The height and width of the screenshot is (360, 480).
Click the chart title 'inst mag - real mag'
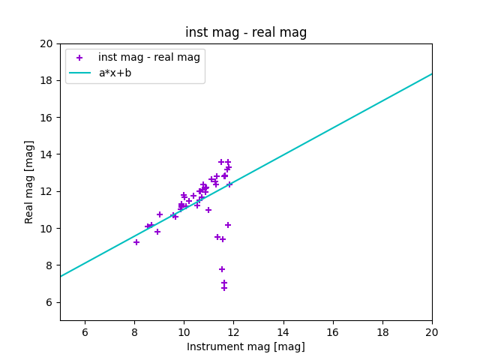[x=246, y=32]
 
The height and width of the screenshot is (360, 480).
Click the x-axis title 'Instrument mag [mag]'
[x=246, y=346]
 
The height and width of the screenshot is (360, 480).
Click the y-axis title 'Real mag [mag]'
[x=29, y=182]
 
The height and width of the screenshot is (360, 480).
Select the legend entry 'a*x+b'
[x=115, y=73]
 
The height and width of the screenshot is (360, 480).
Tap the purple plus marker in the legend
[x=79, y=58]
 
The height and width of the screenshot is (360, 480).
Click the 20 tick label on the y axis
[x=46, y=43]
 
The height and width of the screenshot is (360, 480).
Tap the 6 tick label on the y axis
[x=49, y=302]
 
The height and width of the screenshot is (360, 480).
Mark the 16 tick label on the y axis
[x=46, y=118]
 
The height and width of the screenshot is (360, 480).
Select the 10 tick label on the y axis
[x=46, y=229]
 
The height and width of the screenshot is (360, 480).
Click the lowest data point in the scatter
[x=224, y=288]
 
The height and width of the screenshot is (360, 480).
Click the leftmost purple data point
[x=136, y=242]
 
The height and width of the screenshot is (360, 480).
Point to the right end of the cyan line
[x=432, y=73]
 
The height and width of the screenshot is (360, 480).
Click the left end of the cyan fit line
[x=60, y=277]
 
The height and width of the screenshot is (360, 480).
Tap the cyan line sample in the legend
[x=79, y=73]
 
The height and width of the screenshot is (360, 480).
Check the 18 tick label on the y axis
[x=46, y=80]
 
